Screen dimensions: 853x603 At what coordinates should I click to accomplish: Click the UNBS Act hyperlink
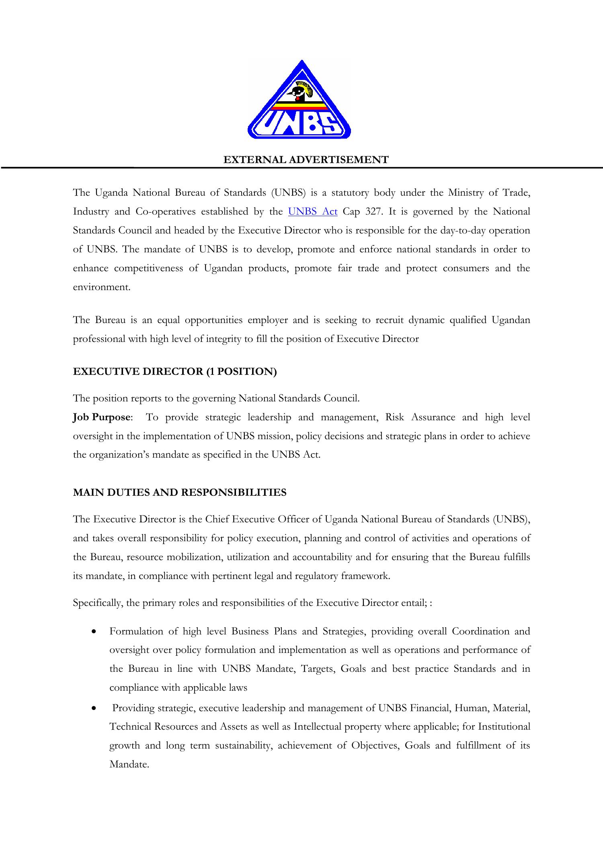tap(313, 212)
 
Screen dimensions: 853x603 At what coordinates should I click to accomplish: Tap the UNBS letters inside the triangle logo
tap(299, 124)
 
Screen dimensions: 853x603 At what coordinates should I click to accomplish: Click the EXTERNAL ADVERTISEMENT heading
tap(306, 160)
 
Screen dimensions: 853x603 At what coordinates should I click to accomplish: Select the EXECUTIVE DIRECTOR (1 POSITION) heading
tap(175, 371)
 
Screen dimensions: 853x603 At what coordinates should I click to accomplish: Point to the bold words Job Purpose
tap(101, 417)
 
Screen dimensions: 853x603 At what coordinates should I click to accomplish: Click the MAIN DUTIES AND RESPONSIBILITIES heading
tap(180, 493)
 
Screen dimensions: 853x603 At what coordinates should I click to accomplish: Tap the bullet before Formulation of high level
tap(94, 632)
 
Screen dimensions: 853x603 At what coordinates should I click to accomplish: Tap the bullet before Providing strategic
tap(94, 708)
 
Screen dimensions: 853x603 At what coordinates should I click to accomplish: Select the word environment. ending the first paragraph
tap(102, 287)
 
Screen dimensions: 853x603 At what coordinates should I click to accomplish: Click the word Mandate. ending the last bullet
tap(129, 764)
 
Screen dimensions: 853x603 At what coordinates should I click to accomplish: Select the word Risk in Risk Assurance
tap(394, 417)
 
